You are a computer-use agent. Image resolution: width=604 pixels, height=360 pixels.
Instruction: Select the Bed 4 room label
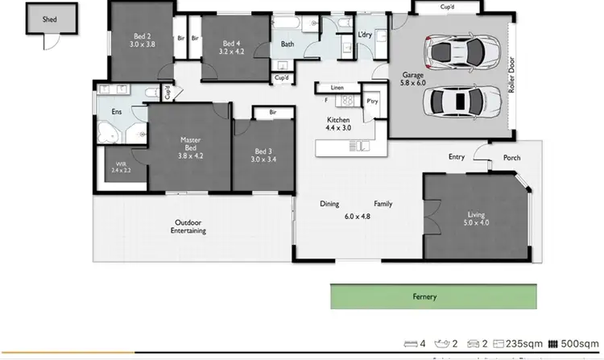231,48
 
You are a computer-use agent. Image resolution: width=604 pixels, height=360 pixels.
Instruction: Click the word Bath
287,45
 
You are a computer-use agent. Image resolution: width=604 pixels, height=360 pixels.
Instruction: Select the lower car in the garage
455,101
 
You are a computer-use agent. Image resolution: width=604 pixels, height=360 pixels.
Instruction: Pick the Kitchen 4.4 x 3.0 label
338,123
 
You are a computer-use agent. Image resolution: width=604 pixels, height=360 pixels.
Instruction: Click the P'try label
372,101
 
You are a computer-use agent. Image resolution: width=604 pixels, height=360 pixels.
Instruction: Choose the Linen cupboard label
337,87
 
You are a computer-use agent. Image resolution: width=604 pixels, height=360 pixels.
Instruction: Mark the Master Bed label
189,148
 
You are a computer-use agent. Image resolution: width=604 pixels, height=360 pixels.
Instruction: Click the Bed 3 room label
264,155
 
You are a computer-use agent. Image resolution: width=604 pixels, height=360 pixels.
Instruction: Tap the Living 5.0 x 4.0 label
477,219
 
